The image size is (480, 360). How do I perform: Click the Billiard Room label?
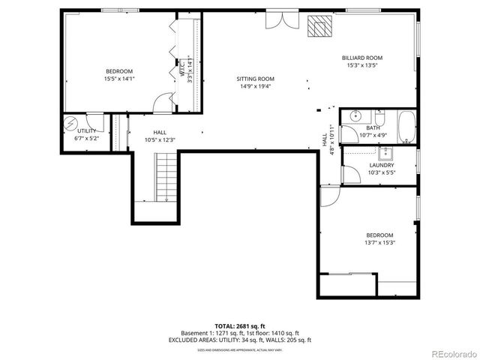tap(362, 58)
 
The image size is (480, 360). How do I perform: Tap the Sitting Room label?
tap(256, 79)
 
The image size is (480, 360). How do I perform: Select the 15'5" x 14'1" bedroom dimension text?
tap(119, 78)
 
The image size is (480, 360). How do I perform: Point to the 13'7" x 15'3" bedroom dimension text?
tap(379, 242)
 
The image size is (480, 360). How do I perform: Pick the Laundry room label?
tap(382, 166)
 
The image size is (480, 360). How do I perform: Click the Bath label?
tap(373, 128)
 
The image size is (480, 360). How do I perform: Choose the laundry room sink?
tap(387, 154)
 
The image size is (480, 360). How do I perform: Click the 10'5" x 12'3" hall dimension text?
tap(159, 139)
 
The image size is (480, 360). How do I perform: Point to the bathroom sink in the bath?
tap(355, 116)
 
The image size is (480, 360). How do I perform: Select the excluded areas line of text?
tap(239, 340)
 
